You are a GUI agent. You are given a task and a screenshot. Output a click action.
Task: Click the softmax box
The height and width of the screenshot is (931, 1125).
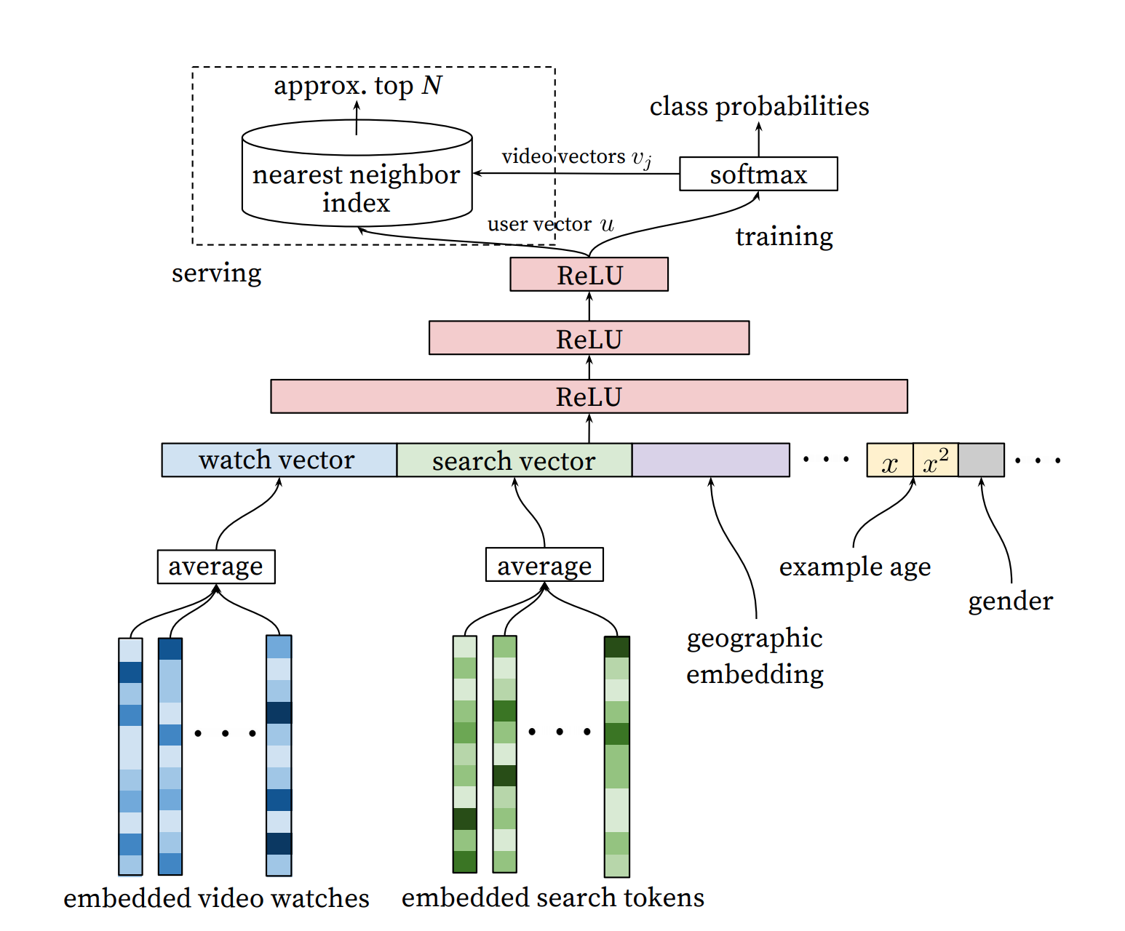pyautogui.click(x=758, y=174)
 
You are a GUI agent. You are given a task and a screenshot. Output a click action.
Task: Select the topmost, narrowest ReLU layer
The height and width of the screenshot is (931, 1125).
pyautogui.click(x=589, y=274)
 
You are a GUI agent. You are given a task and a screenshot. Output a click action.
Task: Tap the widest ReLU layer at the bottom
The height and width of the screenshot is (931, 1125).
pyautogui.click(x=589, y=396)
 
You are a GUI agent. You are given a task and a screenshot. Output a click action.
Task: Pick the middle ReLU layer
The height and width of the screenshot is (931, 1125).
pyautogui.click(x=589, y=338)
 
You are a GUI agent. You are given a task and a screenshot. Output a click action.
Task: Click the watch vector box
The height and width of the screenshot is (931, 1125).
pyautogui.click(x=279, y=460)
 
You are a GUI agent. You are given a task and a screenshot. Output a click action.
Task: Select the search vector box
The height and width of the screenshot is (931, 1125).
pyautogui.click(x=514, y=460)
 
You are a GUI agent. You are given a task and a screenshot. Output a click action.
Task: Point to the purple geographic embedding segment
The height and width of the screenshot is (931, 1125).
pyautogui.click(x=710, y=460)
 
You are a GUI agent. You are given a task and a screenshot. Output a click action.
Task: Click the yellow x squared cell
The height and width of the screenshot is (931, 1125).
pyautogui.click(x=935, y=460)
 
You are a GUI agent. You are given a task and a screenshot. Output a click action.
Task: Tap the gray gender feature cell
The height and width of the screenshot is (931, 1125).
pyautogui.click(x=981, y=460)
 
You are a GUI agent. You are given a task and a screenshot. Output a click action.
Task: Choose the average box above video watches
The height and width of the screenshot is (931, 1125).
pyautogui.click(x=216, y=567)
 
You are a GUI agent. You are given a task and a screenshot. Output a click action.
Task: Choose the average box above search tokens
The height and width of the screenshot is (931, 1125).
pyautogui.click(x=544, y=565)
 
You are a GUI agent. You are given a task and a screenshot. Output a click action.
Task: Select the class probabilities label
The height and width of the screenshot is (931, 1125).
pyautogui.click(x=759, y=106)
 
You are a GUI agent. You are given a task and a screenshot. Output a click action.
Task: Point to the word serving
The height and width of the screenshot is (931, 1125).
pyautogui.click(x=216, y=273)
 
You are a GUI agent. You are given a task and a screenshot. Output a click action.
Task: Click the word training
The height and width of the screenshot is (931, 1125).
pyautogui.click(x=784, y=236)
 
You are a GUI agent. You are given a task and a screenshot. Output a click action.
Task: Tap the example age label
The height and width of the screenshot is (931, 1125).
pyautogui.click(x=854, y=567)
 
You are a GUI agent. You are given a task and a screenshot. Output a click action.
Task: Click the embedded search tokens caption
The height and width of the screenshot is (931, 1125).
pyautogui.click(x=552, y=898)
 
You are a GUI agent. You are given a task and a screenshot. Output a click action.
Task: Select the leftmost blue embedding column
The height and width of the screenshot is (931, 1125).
pyautogui.click(x=130, y=756)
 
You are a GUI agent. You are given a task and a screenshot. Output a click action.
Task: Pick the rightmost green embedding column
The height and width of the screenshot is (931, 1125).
pyautogui.click(x=616, y=756)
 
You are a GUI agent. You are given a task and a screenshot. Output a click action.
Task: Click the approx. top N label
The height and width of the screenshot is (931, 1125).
pyautogui.click(x=357, y=86)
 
